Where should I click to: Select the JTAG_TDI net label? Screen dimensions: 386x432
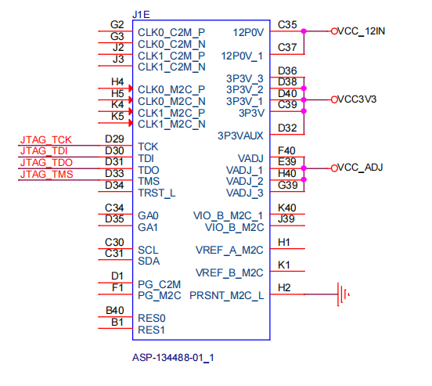[45, 151]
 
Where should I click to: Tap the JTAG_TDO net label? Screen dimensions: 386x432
[45, 162]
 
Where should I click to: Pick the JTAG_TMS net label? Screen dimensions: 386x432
[46, 174]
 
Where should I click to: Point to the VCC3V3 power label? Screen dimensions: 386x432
[358, 100]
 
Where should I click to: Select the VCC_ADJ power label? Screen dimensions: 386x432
[361, 168]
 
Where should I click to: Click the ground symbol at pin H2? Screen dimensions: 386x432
[342, 295]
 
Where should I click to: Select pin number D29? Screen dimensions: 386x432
[114, 139]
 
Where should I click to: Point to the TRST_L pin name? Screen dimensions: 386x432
[157, 193]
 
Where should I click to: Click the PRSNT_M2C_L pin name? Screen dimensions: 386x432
[226, 295]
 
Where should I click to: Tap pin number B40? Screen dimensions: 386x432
[114, 311]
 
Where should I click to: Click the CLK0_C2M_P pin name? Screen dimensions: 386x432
[171, 33]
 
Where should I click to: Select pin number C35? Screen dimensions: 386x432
[287, 25]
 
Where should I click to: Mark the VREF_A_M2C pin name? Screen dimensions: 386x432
[229, 251]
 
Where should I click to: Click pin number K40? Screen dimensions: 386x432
[287, 207]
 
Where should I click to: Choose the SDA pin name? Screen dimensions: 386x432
[149, 261]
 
